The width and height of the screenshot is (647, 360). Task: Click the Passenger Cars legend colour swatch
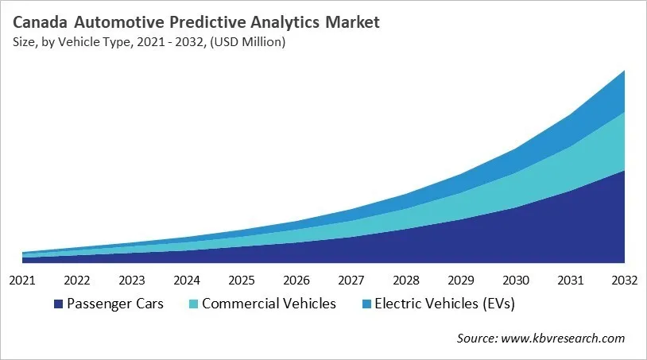pos(58,304)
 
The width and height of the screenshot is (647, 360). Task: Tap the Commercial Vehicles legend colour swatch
pos(193,304)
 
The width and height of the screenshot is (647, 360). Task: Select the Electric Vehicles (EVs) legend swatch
pos(366,304)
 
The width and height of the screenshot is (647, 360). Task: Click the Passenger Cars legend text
pos(115,304)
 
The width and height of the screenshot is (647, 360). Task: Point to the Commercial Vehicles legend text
pos(269,304)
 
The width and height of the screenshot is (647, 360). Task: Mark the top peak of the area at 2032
pos(624,71)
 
